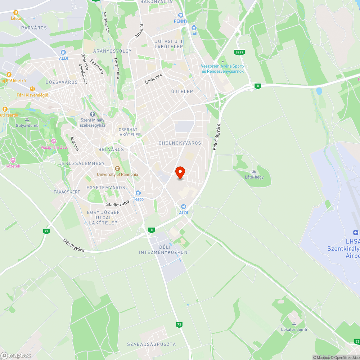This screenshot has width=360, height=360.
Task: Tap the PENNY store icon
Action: [x=181, y=15]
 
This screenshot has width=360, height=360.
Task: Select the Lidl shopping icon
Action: [x=194, y=28]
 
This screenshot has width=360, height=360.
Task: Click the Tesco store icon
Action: [x=138, y=193]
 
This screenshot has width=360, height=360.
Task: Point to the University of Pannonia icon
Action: [x=117, y=168]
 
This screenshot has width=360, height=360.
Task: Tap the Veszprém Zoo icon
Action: [x=54, y=141]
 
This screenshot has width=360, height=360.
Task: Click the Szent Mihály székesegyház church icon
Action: [x=92, y=114]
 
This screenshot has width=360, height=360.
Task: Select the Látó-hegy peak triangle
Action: [x=254, y=171]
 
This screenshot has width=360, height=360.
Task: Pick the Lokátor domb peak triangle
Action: [x=294, y=324]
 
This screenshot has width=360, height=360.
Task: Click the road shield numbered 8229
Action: [x=239, y=52]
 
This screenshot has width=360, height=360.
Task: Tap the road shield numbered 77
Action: [x=46, y=231]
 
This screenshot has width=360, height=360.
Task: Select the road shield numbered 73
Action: [x=179, y=325]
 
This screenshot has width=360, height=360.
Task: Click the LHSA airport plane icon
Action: [x=356, y=232]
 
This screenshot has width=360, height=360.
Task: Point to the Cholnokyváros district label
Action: [x=180, y=143]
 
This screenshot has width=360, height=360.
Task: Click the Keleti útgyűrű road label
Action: [x=216, y=137]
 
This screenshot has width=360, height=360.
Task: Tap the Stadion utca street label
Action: [x=117, y=203]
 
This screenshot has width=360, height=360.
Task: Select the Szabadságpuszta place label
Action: [x=152, y=344]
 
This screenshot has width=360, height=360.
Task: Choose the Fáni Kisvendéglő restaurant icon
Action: [x=32, y=89]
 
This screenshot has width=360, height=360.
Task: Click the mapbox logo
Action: [x=15, y=355]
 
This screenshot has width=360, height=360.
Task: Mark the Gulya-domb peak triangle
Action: [x=27, y=120]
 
